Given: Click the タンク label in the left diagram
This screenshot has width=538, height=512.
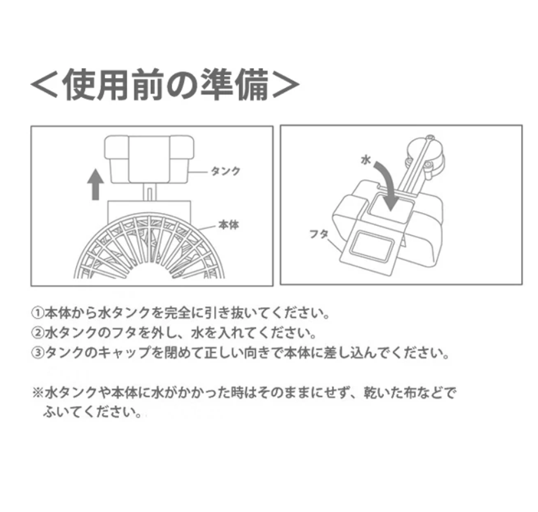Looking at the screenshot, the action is (x=225, y=171).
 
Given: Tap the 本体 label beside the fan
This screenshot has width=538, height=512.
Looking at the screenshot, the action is (x=229, y=225).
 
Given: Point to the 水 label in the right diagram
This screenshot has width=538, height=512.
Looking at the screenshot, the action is (x=366, y=160).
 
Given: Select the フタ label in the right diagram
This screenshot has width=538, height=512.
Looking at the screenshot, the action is (x=319, y=234).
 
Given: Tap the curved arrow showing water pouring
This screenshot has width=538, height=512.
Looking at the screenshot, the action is (x=388, y=186).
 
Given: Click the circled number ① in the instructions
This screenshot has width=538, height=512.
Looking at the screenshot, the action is (x=38, y=313).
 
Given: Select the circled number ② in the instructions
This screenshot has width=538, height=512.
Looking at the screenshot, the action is (x=38, y=333).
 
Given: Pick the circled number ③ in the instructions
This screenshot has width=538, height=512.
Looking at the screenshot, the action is (x=38, y=353).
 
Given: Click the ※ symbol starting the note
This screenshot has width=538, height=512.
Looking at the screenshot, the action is (x=38, y=393).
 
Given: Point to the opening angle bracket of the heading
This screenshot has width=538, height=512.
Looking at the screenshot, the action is (x=44, y=85).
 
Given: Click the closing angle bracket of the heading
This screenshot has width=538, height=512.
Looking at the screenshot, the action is (x=286, y=85).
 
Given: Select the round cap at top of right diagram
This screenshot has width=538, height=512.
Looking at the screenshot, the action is (x=425, y=150).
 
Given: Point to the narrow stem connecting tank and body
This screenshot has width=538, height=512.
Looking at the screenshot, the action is (x=149, y=192).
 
